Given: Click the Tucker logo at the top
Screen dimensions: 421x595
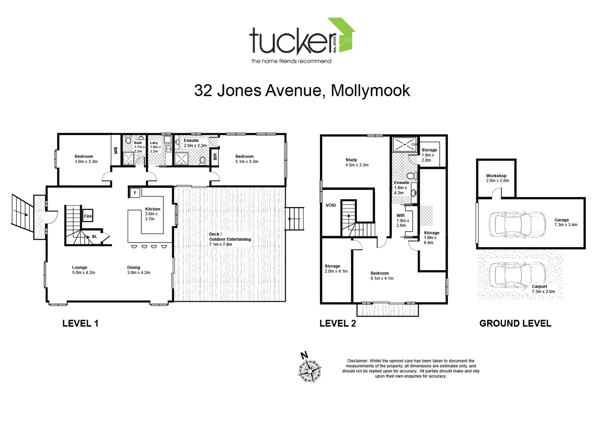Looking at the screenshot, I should (x=302, y=41).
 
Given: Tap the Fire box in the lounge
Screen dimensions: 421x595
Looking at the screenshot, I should (x=88, y=216).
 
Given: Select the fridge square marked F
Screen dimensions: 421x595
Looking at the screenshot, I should (x=135, y=193).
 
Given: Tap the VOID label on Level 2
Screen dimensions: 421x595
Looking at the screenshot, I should (x=331, y=205).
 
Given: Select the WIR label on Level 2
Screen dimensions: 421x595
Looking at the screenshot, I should (x=401, y=216).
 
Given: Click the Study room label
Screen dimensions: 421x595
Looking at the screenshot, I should (x=352, y=160).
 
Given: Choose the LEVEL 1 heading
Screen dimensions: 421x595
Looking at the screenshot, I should (x=80, y=323).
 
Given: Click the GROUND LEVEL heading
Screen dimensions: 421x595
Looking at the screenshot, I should (x=515, y=323).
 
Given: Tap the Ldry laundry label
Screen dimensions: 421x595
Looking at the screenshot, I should (x=154, y=143).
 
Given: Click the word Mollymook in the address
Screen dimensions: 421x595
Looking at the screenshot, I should (x=370, y=90).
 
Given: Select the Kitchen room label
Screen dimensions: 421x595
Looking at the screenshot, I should (x=153, y=209).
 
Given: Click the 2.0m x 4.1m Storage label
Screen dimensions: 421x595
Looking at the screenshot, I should (x=336, y=269).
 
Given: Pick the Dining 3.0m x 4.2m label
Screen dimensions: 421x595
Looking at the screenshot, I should (x=138, y=270).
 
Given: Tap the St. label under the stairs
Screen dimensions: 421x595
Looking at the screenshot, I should (x=95, y=237).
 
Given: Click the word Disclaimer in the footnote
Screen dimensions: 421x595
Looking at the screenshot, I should (x=357, y=361).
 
